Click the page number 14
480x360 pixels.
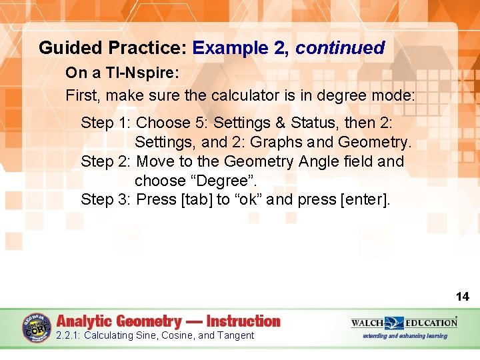[x=463, y=297]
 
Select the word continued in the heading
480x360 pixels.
[x=340, y=48]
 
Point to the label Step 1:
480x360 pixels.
[x=106, y=123]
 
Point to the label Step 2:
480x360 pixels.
[x=106, y=161]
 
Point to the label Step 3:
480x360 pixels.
[x=106, y=199]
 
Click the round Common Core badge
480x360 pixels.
[x=36, y=328]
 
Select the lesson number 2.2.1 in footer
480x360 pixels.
[x=68, y=335]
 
